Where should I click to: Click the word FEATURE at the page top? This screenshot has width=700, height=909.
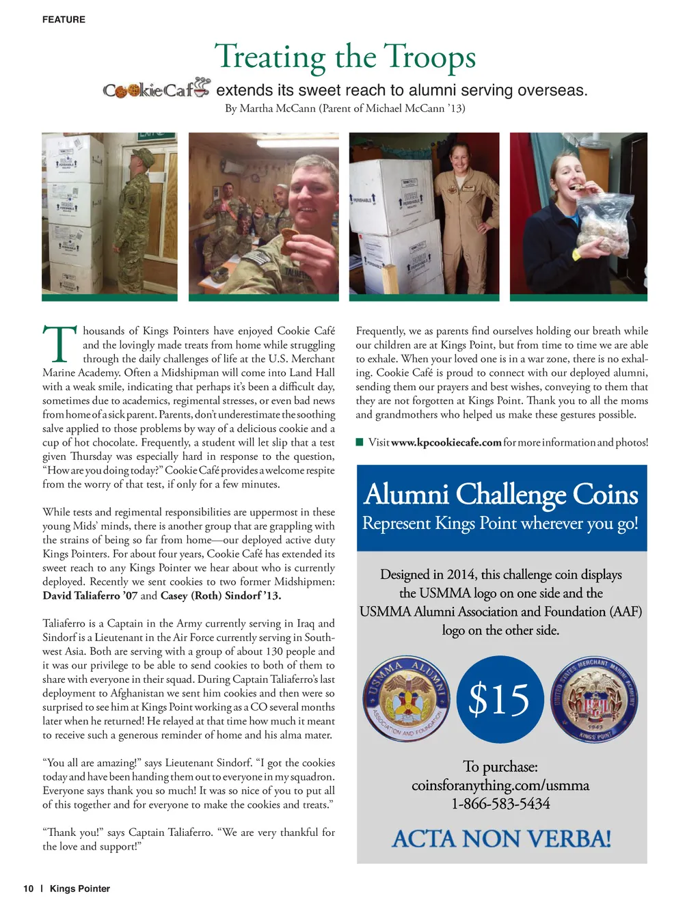click(64, 20)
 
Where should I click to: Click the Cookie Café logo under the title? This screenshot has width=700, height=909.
click(157, 89)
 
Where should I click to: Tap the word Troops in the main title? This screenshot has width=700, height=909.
click(429, 57)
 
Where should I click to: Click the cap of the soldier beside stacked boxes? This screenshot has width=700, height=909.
click(145, 158)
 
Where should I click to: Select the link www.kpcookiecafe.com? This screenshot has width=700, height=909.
click(446, 443)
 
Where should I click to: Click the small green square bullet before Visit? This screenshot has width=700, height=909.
click(360, 442)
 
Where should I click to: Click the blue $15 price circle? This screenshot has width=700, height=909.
click(500, 700)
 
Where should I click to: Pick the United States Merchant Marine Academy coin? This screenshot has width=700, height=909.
click(594, 700)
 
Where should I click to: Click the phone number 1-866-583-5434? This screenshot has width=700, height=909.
click(500, 804)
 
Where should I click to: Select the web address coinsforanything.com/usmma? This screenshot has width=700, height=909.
click(500, 786)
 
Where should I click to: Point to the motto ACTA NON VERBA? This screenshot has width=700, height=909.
click(501, 839)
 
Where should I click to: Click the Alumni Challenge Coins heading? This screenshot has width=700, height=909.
click(501, 494)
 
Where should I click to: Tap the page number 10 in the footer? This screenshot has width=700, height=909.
click(28, 889)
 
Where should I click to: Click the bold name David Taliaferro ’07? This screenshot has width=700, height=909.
click(90, 596)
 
